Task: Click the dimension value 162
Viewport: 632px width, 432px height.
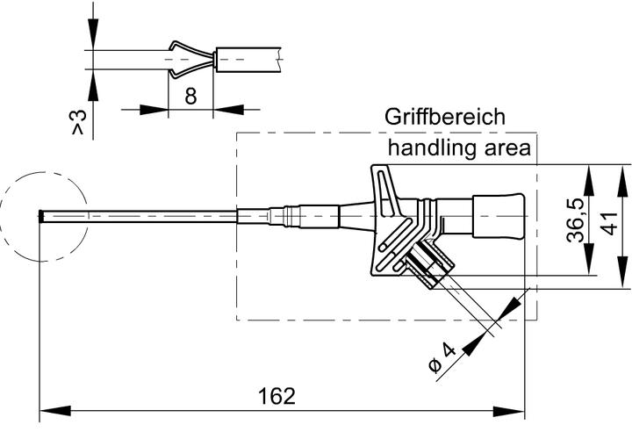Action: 276,396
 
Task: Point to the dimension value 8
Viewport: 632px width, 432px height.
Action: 190,97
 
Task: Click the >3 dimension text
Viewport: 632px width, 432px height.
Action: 80,123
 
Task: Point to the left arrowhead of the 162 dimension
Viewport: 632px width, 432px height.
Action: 52,410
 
